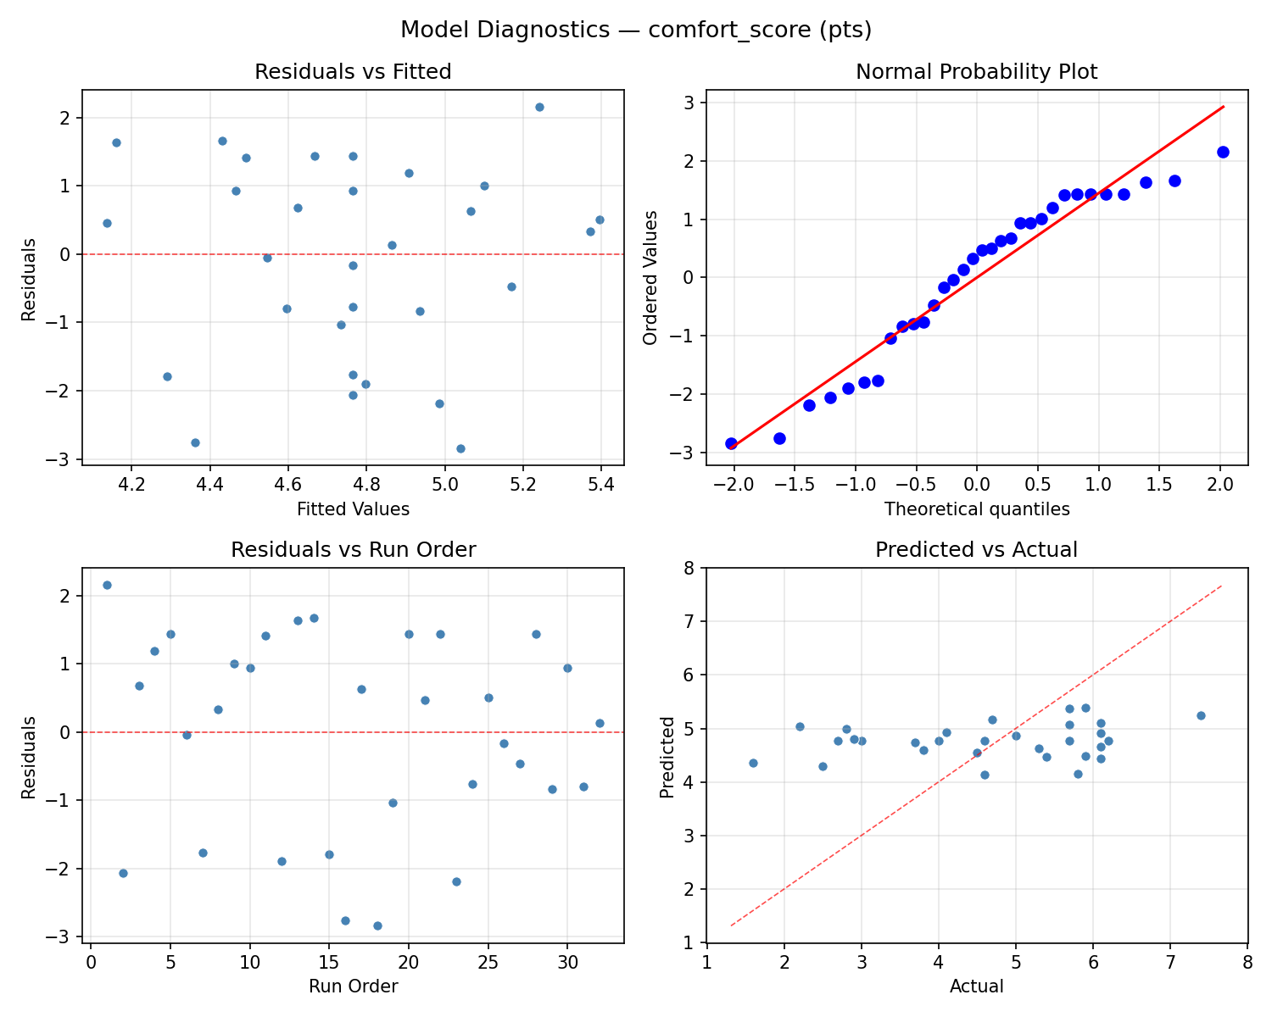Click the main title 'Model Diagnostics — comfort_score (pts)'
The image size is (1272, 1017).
pos(636,31)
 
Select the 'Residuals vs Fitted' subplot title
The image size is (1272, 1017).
pos(353,72)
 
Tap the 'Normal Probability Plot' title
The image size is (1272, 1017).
pos(976,72)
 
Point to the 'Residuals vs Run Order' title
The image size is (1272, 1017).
pos(353,550)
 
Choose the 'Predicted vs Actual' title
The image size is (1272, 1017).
pos(976,550)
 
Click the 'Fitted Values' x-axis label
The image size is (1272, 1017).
pos(353,509)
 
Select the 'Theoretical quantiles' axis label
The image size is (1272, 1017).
pos(976,509)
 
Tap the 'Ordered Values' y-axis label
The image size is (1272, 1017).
pos(650,277)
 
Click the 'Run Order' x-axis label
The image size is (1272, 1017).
pos(353,986)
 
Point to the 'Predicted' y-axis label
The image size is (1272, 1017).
pos(667,757)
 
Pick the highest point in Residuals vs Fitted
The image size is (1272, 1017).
pos(539,107)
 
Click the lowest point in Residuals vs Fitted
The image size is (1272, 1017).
pos(460,448)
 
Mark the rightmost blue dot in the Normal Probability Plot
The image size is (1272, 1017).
pos(1223,152)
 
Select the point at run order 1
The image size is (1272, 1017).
pos(107,585)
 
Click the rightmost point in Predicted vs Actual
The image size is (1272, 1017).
pos(1201,715)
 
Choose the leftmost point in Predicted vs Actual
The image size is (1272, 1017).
pos(753,763)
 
